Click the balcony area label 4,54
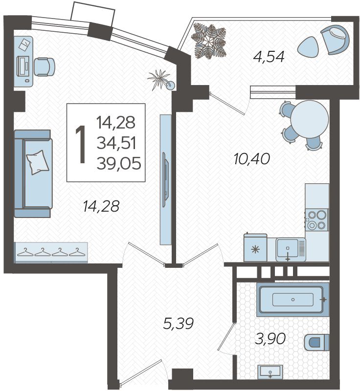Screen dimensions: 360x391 pos(269,57)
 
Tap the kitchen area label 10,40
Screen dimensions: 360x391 pos(252,159)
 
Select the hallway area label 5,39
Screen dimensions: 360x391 pos(178,324)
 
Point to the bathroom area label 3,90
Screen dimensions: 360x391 pos(270,339)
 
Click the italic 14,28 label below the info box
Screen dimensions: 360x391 pos(101,206)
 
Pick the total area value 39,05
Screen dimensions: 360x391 pos(119,164)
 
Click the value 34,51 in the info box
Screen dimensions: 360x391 pos(116,143)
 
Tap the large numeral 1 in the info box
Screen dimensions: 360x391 pos(81,144)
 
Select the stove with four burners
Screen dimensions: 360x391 pos(317,220)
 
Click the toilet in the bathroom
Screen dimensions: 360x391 pos(316,342)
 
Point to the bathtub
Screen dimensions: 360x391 pos(293,300)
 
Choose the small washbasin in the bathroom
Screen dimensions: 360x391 pos(270,372)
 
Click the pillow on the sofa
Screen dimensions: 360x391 pos(38,162)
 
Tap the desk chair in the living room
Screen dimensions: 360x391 pos(44,66)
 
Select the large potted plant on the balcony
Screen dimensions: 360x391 pos(208,41)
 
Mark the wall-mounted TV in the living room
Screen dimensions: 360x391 pos(165,179)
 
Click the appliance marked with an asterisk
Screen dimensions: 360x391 pos(255,248)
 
